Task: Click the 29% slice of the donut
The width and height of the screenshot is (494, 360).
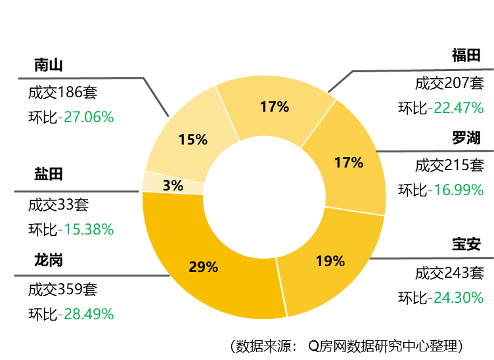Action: pos(202,268)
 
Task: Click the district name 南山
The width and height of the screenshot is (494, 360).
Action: pos(49,65)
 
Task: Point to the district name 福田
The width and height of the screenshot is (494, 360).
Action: pos(466,55)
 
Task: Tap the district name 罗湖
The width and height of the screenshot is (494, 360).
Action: pos(466,138)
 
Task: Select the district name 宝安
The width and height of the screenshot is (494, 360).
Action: pos(466,244)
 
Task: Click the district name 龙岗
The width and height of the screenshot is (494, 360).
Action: pos(49,260)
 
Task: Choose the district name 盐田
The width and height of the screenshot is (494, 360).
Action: pos(49,174)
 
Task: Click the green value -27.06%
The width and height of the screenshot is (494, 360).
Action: pos(85,117)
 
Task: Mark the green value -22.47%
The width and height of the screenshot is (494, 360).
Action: pos(455,108)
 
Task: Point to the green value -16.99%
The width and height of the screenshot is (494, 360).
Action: pos(455,190)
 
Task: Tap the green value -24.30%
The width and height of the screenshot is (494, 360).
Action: pos(455,298)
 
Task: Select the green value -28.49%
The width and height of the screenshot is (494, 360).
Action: pos(85,314)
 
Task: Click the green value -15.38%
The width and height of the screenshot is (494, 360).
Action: pos(85,229)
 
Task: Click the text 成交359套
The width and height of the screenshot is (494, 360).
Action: pos(62,290)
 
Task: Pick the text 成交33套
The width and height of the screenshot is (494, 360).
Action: pos(58,205)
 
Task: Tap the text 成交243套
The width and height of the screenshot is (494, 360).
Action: pos(449,273)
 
